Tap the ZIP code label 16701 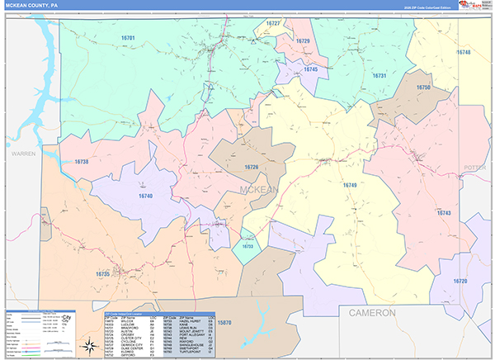click(x=128, y=38)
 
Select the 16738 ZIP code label click(x=81, y=162)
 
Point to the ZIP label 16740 click(x=145, y=196)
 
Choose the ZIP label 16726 click(x=251, y=168)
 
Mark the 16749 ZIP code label click(x=350, y=185)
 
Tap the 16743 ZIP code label click(x=444, y=213)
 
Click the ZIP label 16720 click(x=460, y=282)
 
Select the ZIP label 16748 click(x=463, y=52)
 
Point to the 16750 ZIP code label click(x=423, y=88)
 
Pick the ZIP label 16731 click(x=379, y=75)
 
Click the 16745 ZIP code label click(x=310, y=70)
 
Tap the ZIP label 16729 click(x=303, y=41)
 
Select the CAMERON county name click(x=372, y=313)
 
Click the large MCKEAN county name click(x=259, y=190)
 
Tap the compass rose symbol click(x=88, y=345)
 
